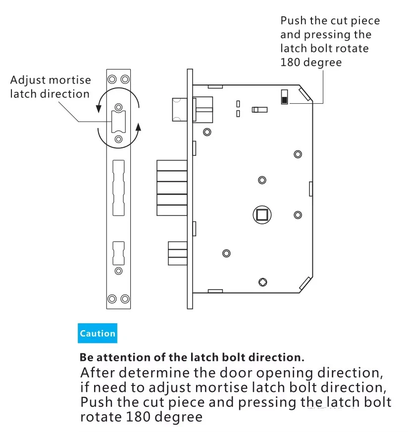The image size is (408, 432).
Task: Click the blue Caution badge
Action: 98,333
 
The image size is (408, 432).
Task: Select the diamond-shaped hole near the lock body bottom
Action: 262,282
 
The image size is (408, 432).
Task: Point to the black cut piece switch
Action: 284,99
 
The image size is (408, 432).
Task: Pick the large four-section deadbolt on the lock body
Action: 171,188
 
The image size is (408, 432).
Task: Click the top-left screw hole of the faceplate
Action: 112,79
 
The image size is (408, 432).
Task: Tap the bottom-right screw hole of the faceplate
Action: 125,299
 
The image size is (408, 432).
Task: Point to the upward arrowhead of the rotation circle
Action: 138,128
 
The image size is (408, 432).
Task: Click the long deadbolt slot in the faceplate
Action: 119,187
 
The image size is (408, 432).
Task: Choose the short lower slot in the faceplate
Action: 119,253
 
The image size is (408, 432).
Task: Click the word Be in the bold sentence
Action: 87,357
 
